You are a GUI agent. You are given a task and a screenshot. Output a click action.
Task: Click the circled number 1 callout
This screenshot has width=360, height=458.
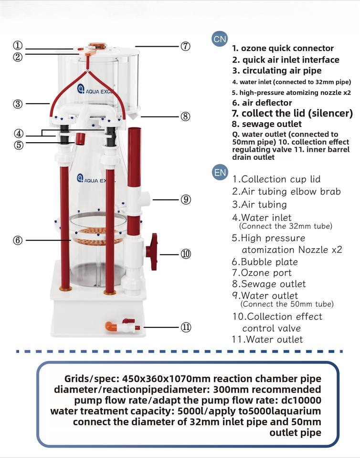(x=18, y=46)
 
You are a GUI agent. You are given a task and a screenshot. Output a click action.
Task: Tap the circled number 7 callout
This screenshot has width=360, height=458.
(x=185, y=46)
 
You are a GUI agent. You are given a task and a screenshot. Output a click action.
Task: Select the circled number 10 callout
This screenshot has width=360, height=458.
(x=186, y=254)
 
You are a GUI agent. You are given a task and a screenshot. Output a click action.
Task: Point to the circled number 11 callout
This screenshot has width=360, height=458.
(x=186, y=327)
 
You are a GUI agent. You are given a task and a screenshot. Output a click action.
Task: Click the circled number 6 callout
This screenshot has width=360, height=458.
(x=18, y=240)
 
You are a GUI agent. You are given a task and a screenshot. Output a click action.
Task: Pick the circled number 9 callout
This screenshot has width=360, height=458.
(x=186, y=199)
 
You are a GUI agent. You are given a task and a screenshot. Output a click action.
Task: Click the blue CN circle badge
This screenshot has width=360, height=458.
(x=220, y=39)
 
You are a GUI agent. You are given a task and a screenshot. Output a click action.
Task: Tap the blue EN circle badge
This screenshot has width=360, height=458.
(x=220, y=172)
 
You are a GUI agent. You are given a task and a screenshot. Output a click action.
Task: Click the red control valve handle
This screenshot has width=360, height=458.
(x=152, y=251)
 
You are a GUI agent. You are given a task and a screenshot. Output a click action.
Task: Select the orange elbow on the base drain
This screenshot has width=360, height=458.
(x=110, y=326)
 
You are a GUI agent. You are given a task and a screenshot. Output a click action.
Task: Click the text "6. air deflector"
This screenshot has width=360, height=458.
(x=262, y=103)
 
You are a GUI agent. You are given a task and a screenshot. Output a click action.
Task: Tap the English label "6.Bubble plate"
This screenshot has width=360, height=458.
(x=265, y=262)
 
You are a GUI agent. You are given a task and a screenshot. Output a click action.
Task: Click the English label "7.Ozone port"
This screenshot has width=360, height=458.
(x=262, y=273)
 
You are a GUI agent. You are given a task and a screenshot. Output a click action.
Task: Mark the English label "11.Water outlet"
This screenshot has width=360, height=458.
(x=267, y=339)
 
